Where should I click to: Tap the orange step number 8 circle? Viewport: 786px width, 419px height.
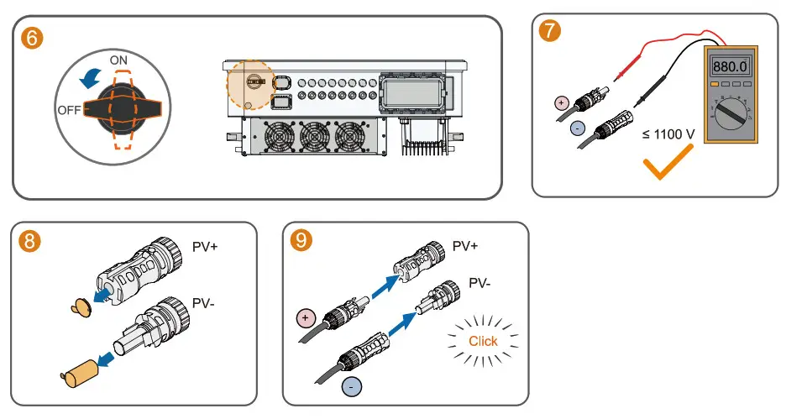point(29,243)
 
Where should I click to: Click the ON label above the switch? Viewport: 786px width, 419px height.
point(119,60)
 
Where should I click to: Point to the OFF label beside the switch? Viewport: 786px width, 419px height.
point(69,110)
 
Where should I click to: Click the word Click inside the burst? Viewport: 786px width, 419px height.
point(483,341)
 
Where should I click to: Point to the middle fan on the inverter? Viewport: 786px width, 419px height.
point(315,137)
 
